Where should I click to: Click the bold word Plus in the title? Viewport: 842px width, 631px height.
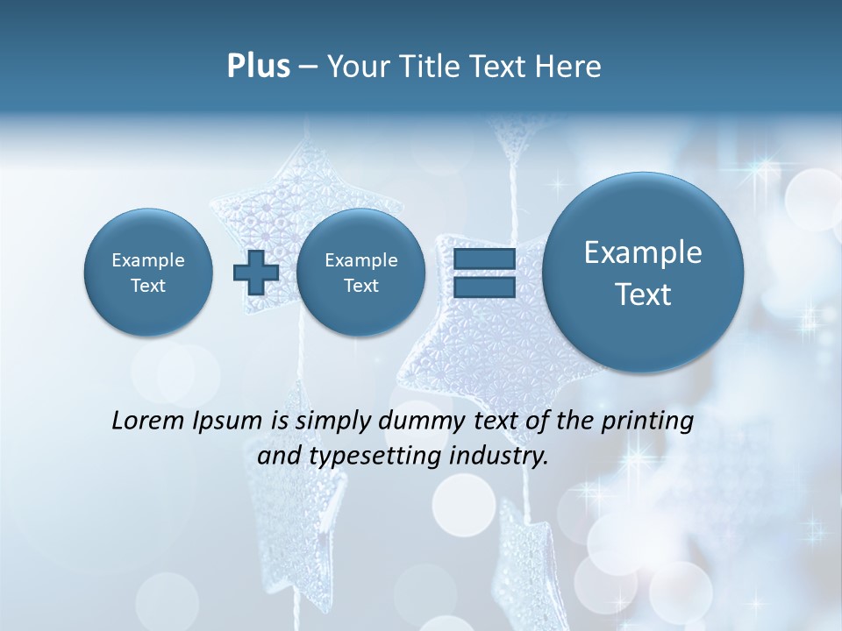258,67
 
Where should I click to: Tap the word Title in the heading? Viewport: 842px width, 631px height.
430,67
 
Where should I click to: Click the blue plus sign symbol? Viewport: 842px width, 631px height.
255,273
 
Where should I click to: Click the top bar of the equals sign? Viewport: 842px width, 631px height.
483,259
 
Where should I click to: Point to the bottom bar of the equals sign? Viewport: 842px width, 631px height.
483,287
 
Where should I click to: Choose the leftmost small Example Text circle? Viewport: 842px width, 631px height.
148,273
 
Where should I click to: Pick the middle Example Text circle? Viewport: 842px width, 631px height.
360,273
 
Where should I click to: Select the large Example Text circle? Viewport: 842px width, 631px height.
643,273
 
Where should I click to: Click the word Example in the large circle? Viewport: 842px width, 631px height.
643,253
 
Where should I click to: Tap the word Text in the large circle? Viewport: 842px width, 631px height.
643,294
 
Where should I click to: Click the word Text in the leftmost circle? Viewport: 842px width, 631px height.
148,286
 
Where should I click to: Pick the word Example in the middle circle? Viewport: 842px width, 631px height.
360,260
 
